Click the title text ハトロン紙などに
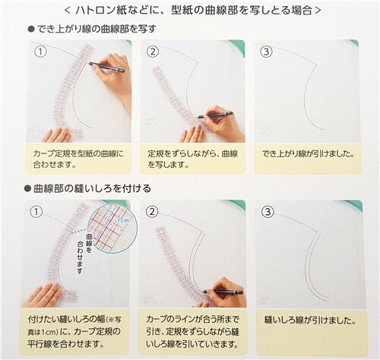(119, 11)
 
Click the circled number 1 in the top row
(40, 52)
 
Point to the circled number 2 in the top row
(153, 52)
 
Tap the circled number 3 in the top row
(266, 52)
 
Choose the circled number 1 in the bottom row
(36, 211)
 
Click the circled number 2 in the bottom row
(153, 211)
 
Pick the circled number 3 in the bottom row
(268, 211)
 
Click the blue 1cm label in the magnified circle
(122, 220)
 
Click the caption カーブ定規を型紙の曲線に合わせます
(78, 159)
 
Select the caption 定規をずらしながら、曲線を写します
(192, 159)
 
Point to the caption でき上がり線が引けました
(308, 154)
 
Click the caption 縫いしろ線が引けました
(310, 321)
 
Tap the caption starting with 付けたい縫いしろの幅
(74, 331)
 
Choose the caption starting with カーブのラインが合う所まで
(192, 331)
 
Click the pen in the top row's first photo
(106, 67)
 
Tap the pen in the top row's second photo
(215, 115)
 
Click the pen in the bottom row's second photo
(223, 292)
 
